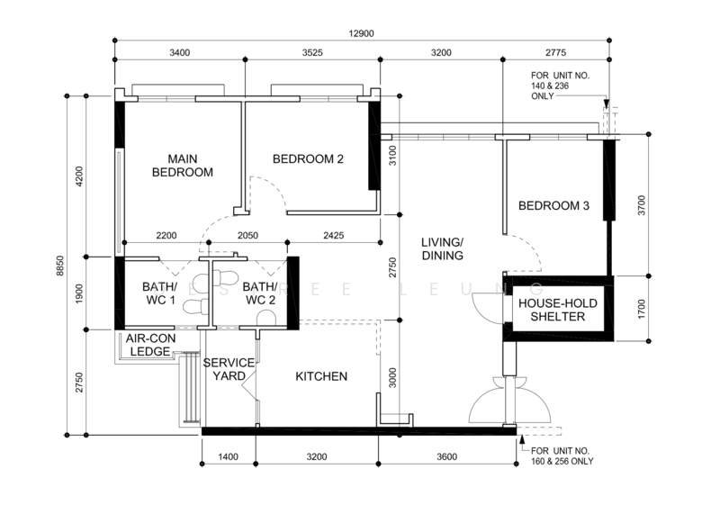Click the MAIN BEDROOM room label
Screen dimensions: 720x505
coord(183,166)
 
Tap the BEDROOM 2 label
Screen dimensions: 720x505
coord(308,159)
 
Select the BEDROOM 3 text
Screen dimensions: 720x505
coord(553,205)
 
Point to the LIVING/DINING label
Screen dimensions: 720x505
coord(442,248)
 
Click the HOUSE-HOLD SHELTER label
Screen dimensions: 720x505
coord(557,310)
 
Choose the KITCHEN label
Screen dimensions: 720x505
coord(321,376)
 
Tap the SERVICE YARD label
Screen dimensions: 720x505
coord(229,370)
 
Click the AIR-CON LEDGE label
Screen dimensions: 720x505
coord(150,346)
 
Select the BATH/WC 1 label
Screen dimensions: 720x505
coord(159,293)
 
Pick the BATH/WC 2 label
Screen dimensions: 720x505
coord(260,293)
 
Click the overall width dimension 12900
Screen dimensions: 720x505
coord(361,33)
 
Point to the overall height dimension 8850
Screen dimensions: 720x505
coord(60,266)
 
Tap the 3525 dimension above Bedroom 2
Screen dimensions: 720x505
coord(312,53)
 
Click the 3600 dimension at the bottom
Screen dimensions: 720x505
coord(446,456)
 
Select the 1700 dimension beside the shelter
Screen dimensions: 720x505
coord(642,309)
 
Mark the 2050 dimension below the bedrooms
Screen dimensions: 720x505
coord(247,236)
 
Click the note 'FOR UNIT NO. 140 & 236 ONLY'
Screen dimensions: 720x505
coord(560,86)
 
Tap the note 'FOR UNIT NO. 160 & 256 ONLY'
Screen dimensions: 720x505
coord(562,455)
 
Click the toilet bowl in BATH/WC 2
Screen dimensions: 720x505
coord(265,318)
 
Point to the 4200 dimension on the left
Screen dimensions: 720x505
coord(79,176)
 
